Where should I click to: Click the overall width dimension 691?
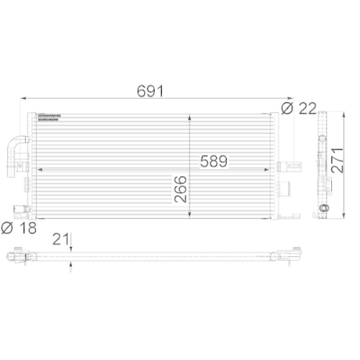click(152, 91)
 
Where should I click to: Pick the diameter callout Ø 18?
click(17, 229)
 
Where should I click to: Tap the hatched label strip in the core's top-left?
click(53, 117)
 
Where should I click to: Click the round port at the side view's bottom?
click(322, 210)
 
